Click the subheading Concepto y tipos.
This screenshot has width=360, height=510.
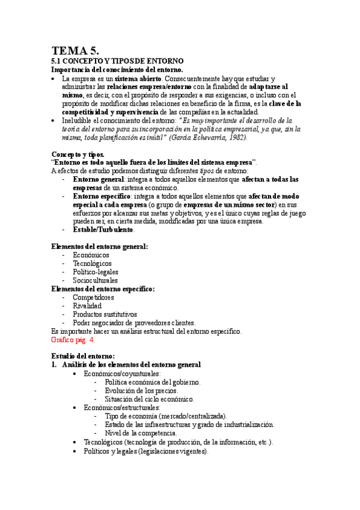point(78,155)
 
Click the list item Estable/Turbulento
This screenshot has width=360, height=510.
point(103,230)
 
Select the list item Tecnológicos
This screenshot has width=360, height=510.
point(92,263)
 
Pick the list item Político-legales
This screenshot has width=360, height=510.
point(96,272)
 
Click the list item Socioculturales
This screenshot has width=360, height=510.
point(95,280)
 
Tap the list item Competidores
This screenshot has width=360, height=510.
point(93,297)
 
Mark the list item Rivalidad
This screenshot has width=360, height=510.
point(88,306)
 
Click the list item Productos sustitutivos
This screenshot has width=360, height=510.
point(105,314)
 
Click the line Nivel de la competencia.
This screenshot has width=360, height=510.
point(141,432)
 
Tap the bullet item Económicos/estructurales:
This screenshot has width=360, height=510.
point(123,407)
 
